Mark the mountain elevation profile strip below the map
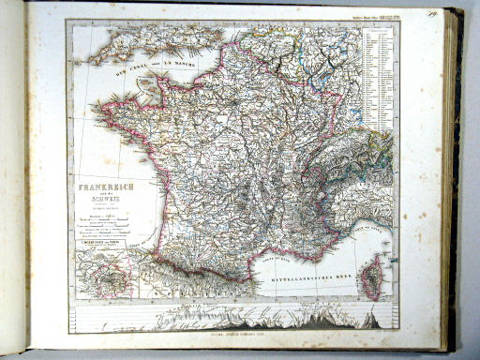coord(234,318)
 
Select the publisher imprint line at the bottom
coord(234,334)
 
